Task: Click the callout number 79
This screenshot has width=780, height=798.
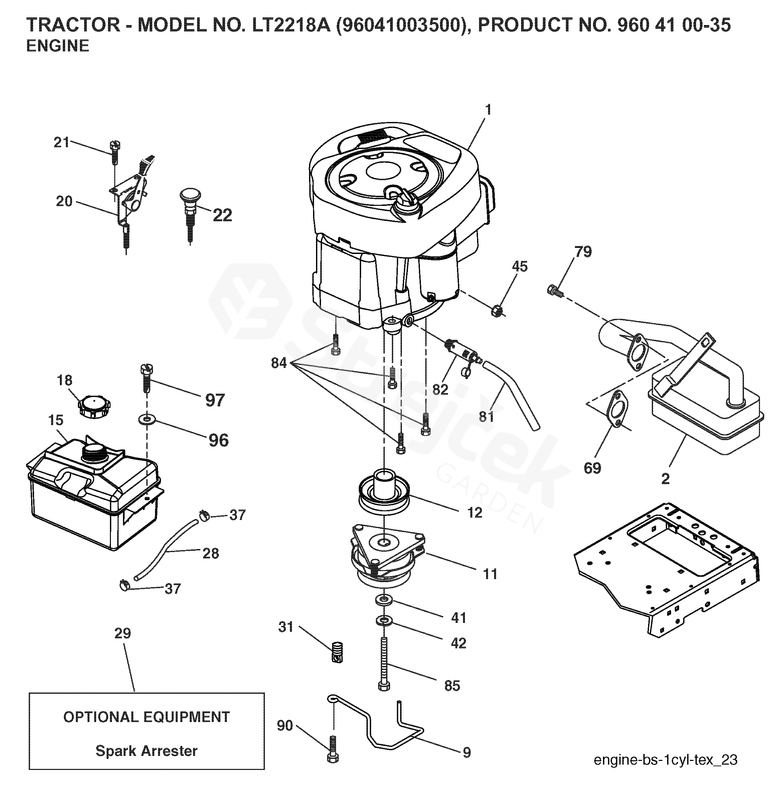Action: click(583, 251)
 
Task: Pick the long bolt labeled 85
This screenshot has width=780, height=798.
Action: click(384, 664)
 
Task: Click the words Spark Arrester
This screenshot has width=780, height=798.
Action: click(147, 751)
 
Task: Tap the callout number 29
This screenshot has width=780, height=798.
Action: click(123, 633)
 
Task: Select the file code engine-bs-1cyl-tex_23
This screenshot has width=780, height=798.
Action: click(666, 760)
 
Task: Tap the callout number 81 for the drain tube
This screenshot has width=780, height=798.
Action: click(487, 416)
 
